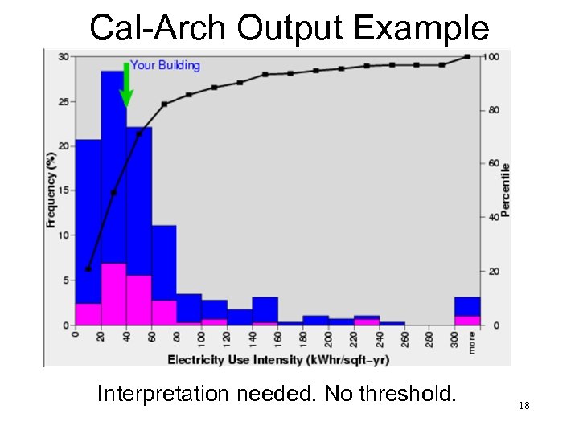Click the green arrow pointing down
[126, 87]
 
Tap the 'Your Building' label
[165, 65]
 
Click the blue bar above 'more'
[467, 306]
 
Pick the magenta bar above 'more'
[467, 320]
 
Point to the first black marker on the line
[88, 268]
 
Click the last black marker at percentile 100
[467, 56]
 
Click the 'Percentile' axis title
[506, 190]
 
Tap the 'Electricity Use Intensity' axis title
[278, 358]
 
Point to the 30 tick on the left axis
[63, 56]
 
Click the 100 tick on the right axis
[491, 56]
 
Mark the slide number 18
[524, 406]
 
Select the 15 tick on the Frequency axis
[63, 190]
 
